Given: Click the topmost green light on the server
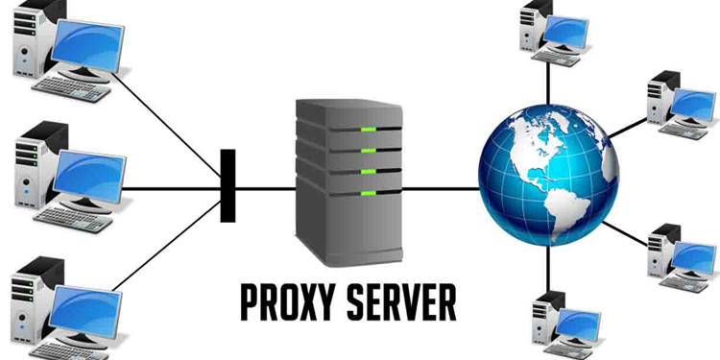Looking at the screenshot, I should (367, 129).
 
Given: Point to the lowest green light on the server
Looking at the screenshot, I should (367, 193).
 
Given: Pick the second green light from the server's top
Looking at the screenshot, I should (367, 150).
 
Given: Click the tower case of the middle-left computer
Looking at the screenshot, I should (30, 173).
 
